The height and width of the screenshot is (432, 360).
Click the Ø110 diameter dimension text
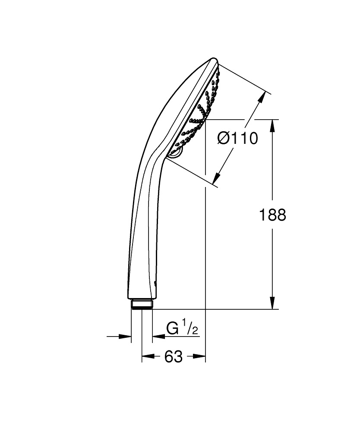pos(238,139)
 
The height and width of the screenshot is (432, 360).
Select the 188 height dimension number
pos(272,215)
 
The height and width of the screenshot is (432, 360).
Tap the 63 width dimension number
pos(174,357)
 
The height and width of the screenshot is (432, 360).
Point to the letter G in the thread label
pos(173,329)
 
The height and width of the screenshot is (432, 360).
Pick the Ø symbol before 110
pos(224,139)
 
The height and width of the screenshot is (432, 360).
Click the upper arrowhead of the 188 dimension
pos(272,126)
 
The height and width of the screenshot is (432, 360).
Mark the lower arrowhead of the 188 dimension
pos(272,303)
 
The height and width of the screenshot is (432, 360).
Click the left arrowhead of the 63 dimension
pos(147,357)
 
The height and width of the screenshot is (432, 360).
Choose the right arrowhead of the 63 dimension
pos(200,357)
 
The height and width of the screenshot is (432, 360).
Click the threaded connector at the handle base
pos(142,305)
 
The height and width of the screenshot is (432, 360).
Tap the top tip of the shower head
pos(212,59)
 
